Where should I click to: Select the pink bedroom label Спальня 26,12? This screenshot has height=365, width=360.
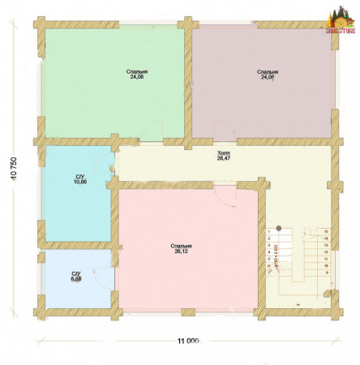[x=182, y=248]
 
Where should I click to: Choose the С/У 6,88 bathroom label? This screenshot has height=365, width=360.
[x=76, y=277]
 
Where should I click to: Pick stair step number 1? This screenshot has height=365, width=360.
[x=268, y=233]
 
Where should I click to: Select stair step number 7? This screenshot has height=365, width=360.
[x=268, y=273]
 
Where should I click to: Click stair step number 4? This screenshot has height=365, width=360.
[x=268, y=253]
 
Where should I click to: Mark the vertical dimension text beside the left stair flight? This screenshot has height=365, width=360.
[x=277, y=253]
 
